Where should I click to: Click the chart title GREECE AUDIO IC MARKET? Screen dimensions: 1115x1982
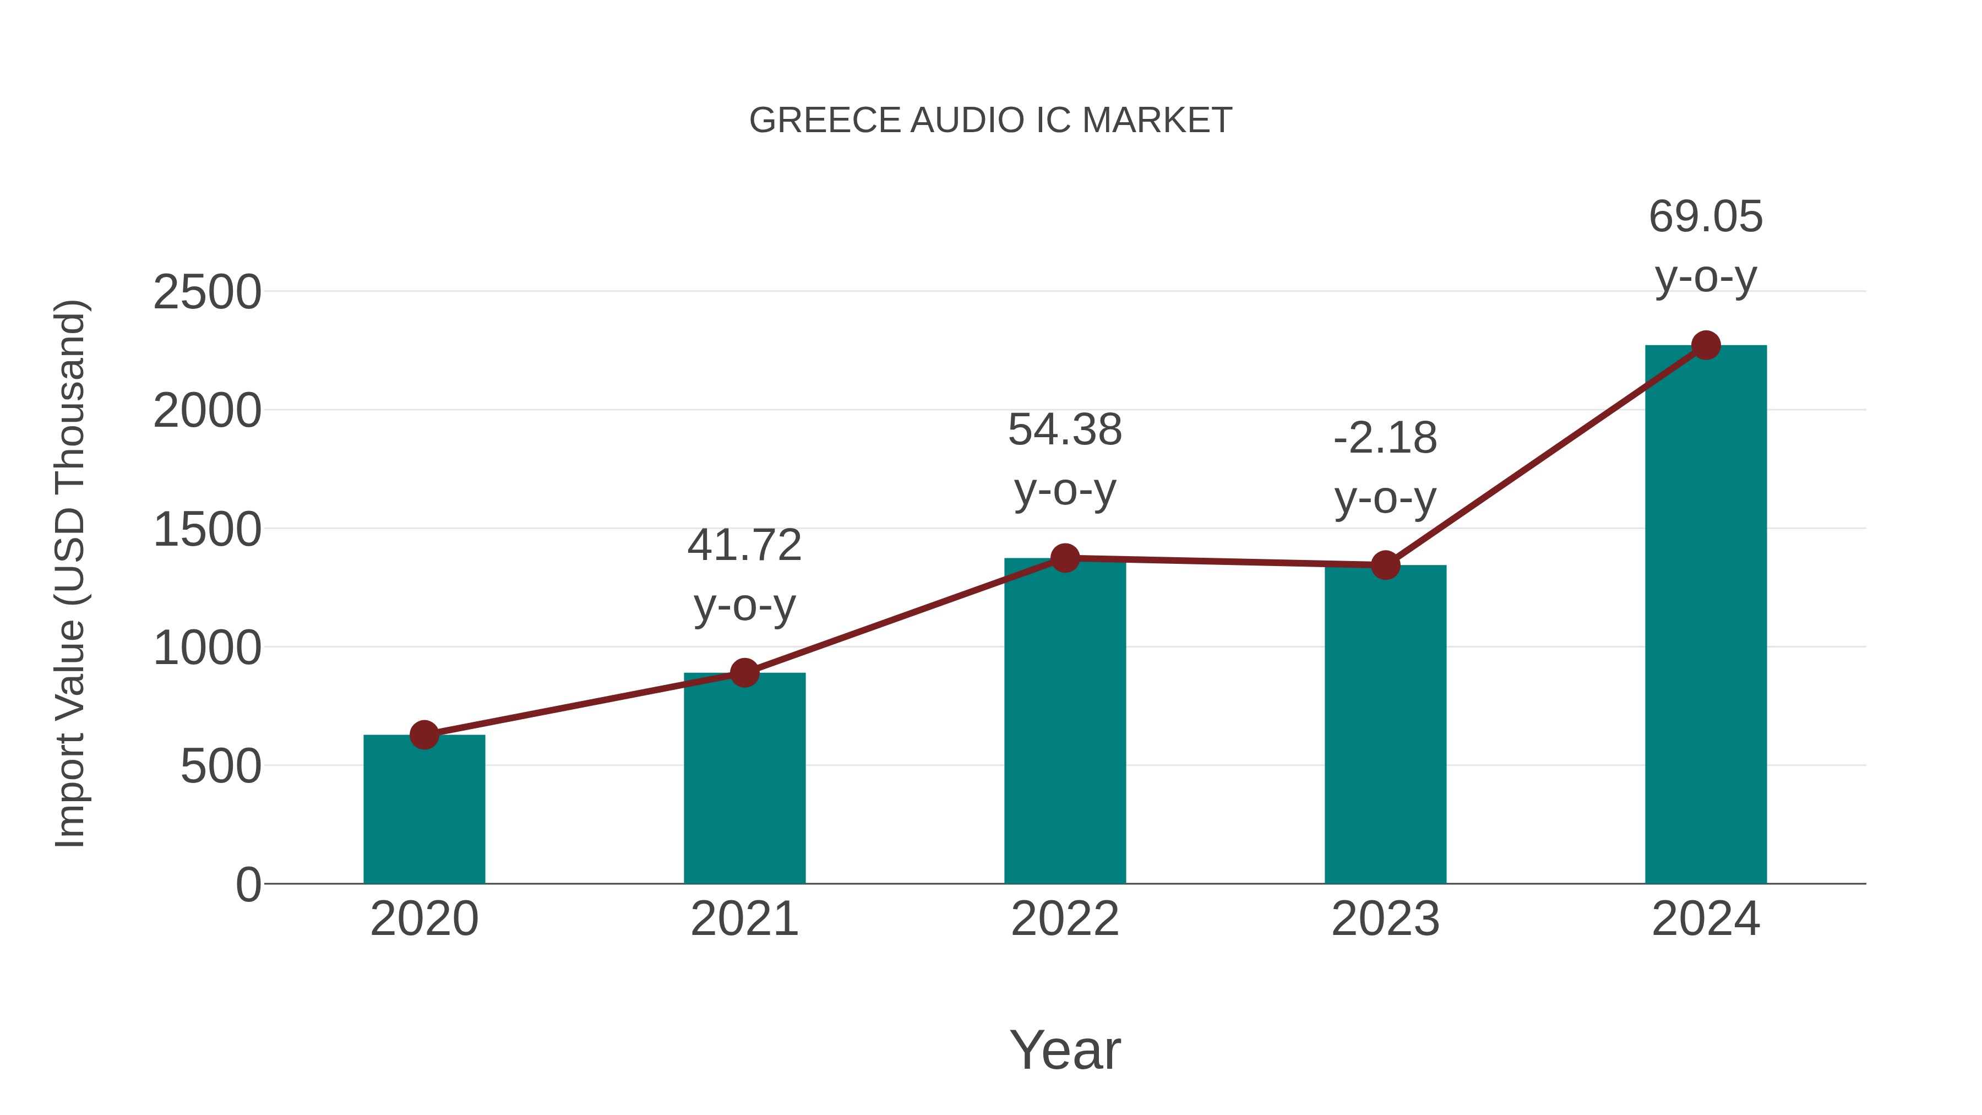click(990, 121)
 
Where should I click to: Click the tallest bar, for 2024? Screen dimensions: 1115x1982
click(1706, 615)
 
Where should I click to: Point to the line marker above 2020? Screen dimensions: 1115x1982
click(424, 735)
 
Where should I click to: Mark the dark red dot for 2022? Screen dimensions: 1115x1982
click(1065, 558)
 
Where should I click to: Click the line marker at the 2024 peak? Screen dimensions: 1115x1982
click(1706, 345)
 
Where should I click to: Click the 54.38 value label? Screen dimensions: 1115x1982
click(1065, 459)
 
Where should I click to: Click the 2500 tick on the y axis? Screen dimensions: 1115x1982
click(207, 293)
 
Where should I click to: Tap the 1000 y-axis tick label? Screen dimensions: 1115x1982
click(207, 649)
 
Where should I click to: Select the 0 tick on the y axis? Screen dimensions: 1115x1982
click(248, 885)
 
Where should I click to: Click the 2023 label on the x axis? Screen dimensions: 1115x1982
click(1385, 919)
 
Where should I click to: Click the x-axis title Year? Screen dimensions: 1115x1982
click(1065, 1051)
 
